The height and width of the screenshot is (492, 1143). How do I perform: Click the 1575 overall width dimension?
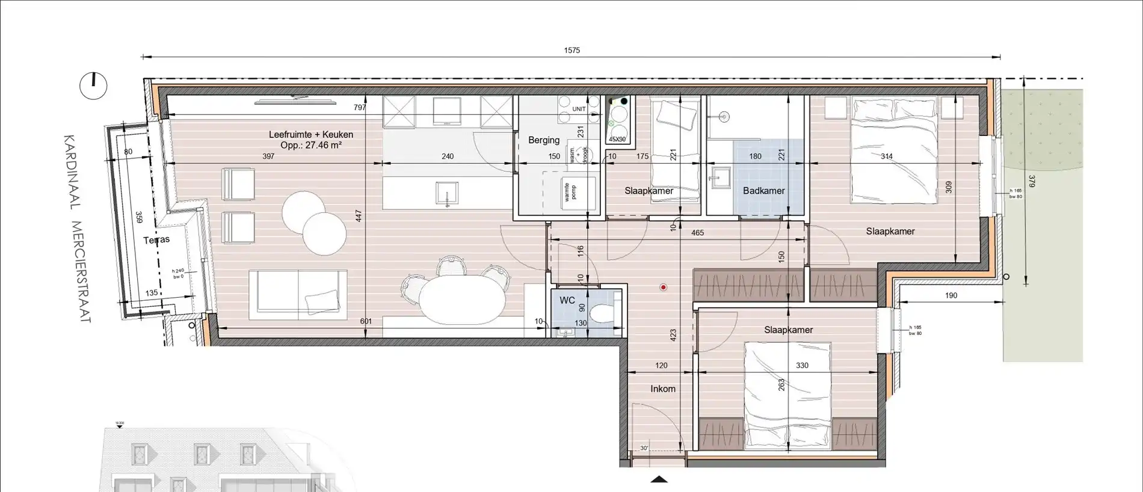[x=571, y=51]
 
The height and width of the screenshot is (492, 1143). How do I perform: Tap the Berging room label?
[x=544, y=140]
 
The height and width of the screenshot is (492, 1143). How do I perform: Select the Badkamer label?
[x=763, y=191]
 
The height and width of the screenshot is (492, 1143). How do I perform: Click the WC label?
[x=567, y=300]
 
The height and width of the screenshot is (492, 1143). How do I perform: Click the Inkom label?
[x=662, y=389]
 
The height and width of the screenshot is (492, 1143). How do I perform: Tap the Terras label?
[x=156, y=239]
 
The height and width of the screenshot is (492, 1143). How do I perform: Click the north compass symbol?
[x=93, y=86]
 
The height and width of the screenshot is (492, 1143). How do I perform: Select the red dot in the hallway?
[x=663, y=288]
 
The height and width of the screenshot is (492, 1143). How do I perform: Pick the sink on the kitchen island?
[x=446, y=192]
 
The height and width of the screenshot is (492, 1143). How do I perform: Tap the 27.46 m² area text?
[x=311, y=145]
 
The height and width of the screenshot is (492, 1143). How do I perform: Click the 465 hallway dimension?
[x=697, y=233]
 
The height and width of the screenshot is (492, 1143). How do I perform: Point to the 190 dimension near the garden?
[x=950, y=295]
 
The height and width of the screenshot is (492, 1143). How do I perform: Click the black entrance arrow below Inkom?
[x=659, y=479]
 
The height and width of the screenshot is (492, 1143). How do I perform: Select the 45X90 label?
[x=617, y=139]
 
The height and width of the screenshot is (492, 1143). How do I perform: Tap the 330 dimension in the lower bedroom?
[x=802, y=365]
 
